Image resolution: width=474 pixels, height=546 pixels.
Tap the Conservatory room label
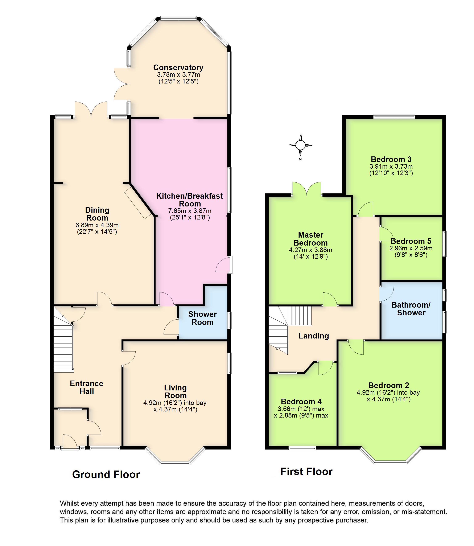178,68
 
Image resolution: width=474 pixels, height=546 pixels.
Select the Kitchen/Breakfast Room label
190,200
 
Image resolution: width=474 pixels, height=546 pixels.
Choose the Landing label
314,336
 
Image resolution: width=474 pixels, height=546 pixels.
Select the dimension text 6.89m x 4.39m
97,225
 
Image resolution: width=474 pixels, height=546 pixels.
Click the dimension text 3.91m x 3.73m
391,167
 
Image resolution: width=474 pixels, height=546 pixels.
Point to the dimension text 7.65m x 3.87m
190,211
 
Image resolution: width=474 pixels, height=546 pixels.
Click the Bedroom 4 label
301,402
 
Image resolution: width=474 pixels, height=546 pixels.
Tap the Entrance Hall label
86,387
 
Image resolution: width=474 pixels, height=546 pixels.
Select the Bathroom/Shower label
411,309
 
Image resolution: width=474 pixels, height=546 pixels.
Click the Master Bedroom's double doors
307,189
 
